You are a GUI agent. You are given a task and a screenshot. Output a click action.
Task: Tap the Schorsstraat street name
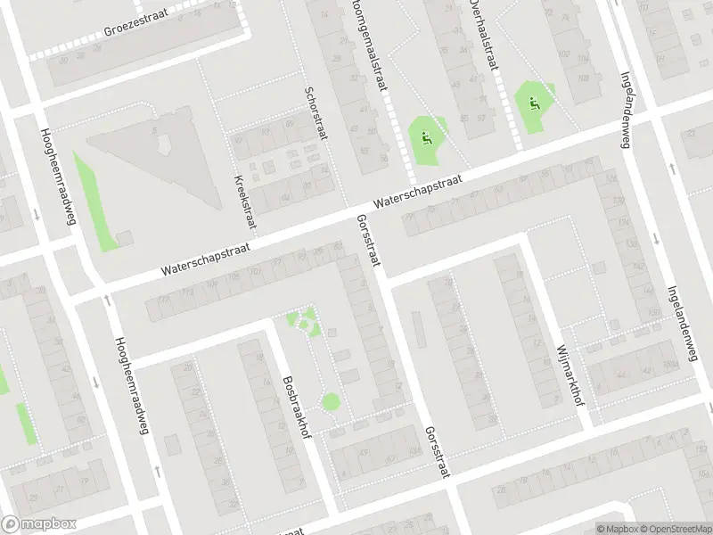[314, 112]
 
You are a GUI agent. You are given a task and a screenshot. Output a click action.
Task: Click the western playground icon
[426, 137]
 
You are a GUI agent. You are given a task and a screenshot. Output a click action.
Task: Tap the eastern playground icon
[534, 103]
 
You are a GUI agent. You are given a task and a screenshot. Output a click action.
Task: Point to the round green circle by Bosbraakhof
[331, 402]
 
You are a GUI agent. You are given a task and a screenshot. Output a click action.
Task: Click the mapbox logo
[39, 524]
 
